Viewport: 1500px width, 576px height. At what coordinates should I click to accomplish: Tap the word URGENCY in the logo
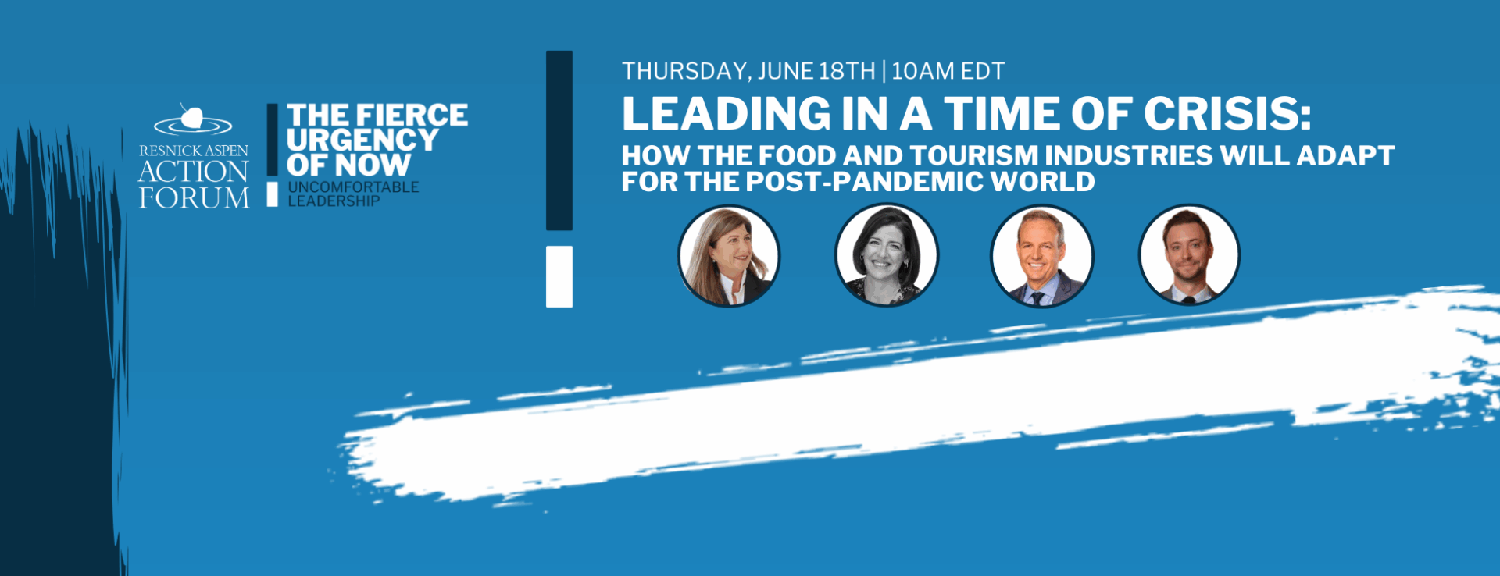point(362,140)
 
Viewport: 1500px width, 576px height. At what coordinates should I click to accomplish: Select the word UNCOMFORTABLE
point(353,187)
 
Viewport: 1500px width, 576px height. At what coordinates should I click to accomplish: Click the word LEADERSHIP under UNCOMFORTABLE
point(334,201)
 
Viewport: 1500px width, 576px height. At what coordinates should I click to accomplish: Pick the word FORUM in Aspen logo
point(195,198)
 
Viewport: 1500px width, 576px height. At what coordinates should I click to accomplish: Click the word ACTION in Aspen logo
point(194,172)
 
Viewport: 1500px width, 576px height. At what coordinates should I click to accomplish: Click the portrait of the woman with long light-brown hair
point(729,256)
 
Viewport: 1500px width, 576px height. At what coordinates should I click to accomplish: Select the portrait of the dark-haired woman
point(886,256)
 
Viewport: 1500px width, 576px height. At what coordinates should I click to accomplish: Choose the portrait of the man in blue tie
point(1041,256)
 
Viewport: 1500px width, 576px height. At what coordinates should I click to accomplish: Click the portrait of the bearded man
point(1189,255)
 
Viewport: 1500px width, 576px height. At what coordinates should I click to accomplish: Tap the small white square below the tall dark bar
point(559,277)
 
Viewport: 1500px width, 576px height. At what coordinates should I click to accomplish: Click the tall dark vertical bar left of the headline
point(559,140)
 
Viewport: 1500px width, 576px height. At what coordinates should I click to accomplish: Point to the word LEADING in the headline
point(727,114)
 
